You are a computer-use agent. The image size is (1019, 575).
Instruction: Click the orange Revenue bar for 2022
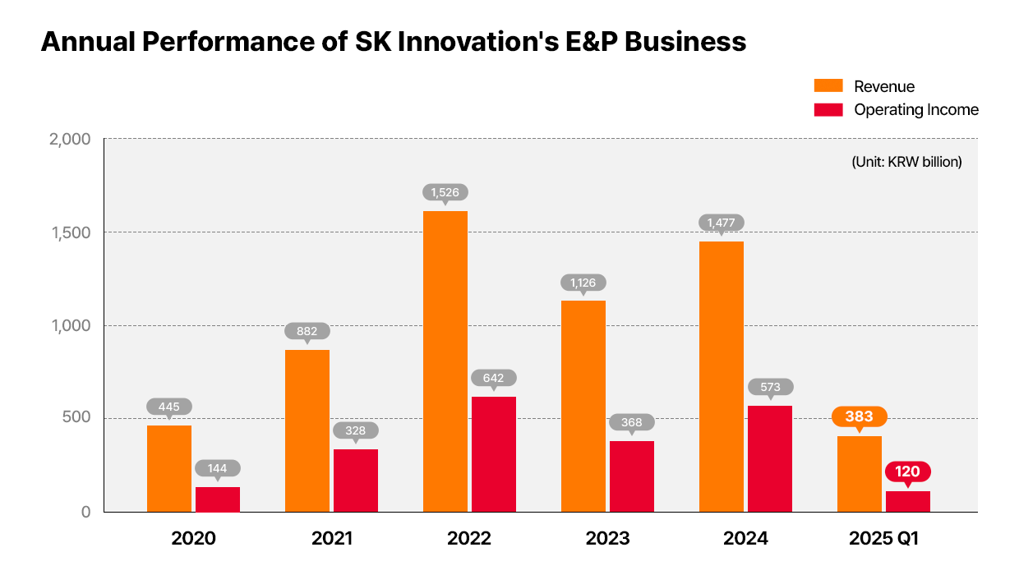coord(445,361)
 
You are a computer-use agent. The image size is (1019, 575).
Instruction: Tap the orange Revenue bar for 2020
coord(168,468)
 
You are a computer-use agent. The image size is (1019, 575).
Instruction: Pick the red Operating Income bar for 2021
coord(355,481)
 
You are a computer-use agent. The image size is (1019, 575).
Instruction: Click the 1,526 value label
coord(445,192)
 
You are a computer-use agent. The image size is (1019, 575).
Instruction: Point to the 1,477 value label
coord(722,223)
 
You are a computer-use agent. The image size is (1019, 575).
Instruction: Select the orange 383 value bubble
coord(859,416)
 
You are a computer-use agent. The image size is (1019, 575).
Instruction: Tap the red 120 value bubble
coord(907,472)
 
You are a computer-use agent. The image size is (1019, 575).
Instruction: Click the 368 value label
coord(631,422)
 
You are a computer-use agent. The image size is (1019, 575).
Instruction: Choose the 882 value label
coord(307,331)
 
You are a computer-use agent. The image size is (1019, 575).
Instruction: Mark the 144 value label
coord(217,468)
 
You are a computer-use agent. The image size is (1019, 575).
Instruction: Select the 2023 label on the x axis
coord(607,539)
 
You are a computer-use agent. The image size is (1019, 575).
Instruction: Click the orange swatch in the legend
coord(828,86)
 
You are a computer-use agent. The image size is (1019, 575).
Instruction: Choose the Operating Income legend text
coord(916,109)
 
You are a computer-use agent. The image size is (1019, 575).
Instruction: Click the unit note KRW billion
coord(906,162)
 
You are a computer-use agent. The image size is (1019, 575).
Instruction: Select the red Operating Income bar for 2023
coord(631,476)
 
